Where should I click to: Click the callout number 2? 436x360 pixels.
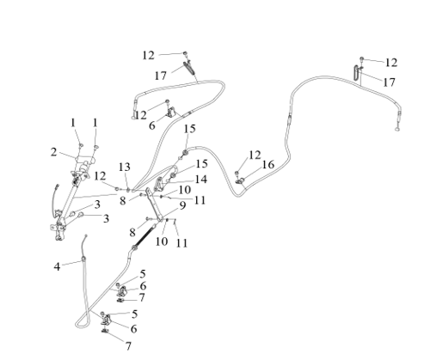(x=53, y=152)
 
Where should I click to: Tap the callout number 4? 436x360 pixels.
(x=57, y=266)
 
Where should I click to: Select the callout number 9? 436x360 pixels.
(x=182, y=205)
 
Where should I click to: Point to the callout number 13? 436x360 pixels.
(x=125, y=167)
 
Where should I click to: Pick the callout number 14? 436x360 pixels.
(x=201, y=180)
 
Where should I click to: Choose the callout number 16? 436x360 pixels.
(x=268, y=164)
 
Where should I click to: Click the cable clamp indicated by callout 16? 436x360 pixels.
(x=240, y=180)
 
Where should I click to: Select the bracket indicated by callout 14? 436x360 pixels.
(x=159, y=184)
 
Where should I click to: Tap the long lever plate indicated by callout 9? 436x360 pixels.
(x=155, y=204)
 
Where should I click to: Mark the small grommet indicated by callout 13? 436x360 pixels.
(x=128, y=189)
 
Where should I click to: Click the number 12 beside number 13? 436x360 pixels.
(x=100, y=176)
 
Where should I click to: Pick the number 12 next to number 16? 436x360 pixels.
(x=255, y=155)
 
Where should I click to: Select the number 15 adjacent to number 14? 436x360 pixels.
(x=202, y=164)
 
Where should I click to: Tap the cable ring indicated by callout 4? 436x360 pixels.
(x=83, y=259)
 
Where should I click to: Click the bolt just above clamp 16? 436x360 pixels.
(x=236, y=174)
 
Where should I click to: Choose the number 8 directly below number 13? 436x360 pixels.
(x=123, y=201)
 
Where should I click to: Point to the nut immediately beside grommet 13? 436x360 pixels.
(x=117, y=189)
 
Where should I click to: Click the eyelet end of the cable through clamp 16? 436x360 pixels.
(x=397, y=129)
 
